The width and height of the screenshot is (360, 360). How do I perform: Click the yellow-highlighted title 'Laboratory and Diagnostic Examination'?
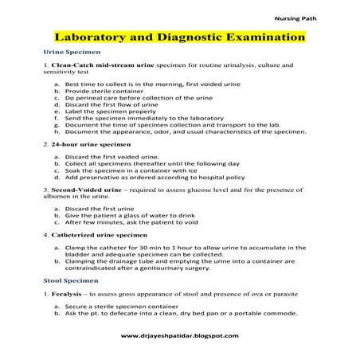pyautogui.click(x=179, y=37)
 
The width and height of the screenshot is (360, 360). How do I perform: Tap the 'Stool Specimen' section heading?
pyautogui.click(x=69, y=280)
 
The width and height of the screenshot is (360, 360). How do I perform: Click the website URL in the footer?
pyautogui.click(x=179, y=337)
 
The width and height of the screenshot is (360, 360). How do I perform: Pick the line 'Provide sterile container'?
pyautogui.click(x=104, y=92)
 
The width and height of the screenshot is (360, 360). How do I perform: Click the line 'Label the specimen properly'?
pyautogui.click(x=108, y=112)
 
